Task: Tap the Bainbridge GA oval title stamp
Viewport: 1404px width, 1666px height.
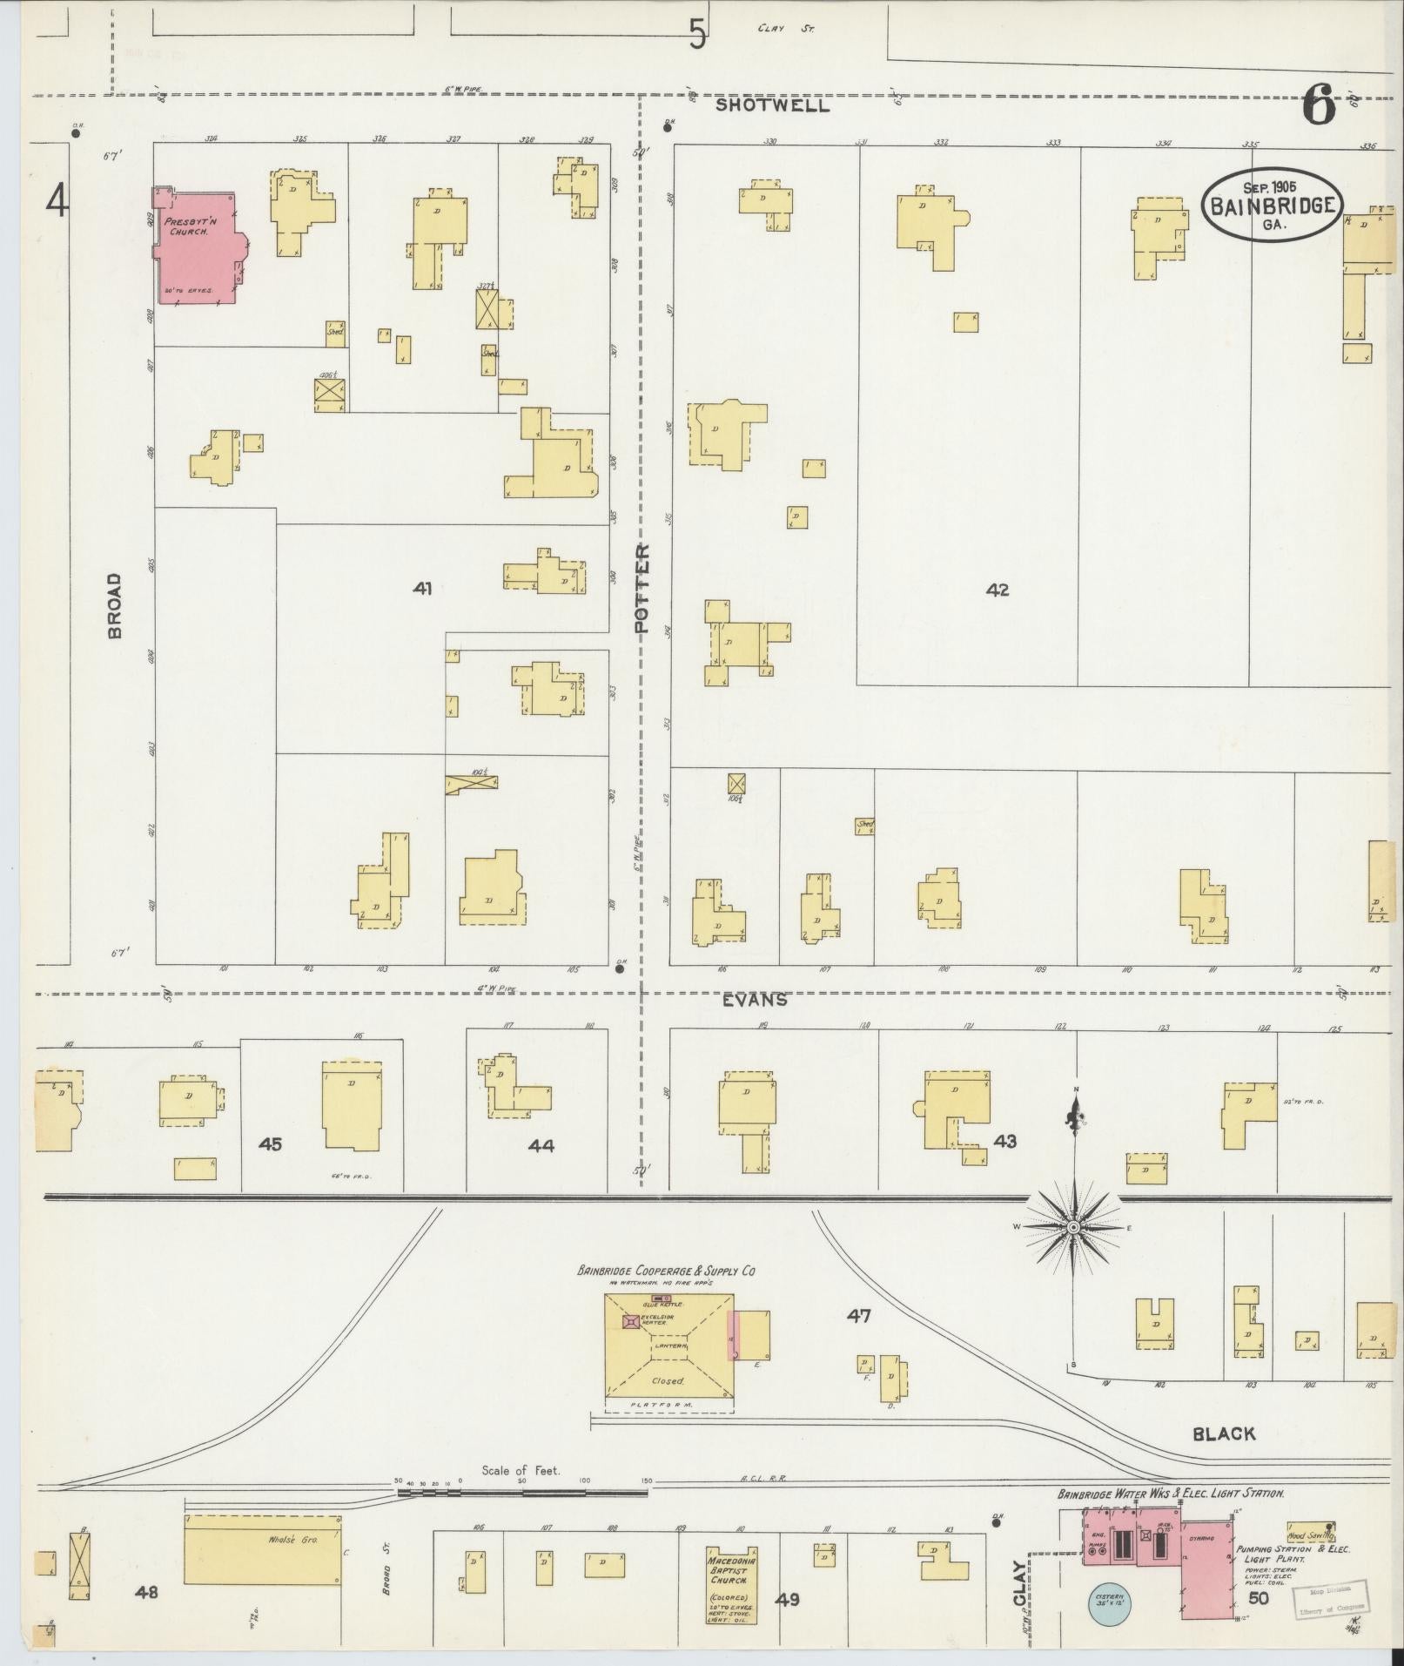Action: (x=1272, y=205)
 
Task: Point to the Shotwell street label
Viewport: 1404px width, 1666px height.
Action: (x=772, y=106)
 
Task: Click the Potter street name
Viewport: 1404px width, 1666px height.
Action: (x=642, y=589)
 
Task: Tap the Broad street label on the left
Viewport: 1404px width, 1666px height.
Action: (x=115, y=606)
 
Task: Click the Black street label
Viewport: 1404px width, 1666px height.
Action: (x=1224, y=1433)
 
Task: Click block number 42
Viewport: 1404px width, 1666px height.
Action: (x=997, y=590)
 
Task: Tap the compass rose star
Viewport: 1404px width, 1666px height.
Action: (x=1074, y=1227)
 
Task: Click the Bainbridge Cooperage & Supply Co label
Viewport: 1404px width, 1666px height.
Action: (x=666, y=1271)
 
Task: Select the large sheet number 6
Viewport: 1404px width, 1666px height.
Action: (x=1319, y=109)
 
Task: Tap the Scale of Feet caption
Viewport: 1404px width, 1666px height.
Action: (x=521, y=1470)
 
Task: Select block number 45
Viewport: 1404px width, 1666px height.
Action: (x=271, y=1143)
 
